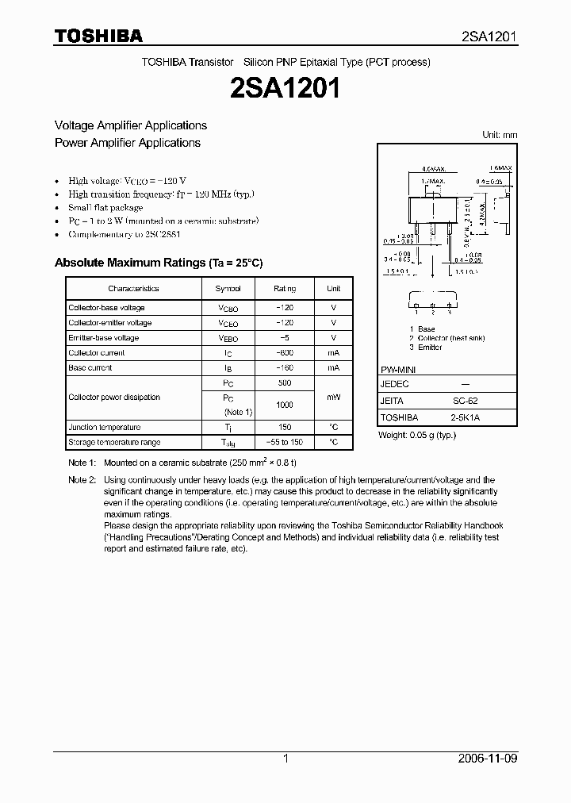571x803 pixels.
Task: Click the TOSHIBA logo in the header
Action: (x=98, y=36)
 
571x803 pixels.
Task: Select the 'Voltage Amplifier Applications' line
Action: (x=130, y=125)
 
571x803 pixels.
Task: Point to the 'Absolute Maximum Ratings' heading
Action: (x=158, y=263)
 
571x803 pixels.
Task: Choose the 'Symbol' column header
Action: (x=228, y=289)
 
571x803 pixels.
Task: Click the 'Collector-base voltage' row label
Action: (x=106, y=308)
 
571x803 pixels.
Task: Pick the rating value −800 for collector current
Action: (x=284, y=353)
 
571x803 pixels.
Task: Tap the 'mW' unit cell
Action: (x=333, y=398)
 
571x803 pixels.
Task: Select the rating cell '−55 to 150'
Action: (x=284, y=443)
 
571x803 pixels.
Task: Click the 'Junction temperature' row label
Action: (x=104, y=428)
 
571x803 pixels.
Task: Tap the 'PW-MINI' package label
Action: (x=398, y=370)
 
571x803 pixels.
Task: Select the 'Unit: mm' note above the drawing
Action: (x=500, y=135)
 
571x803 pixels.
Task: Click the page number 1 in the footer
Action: (x=285, y=759)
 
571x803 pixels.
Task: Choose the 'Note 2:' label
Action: (x=82, y=480)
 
